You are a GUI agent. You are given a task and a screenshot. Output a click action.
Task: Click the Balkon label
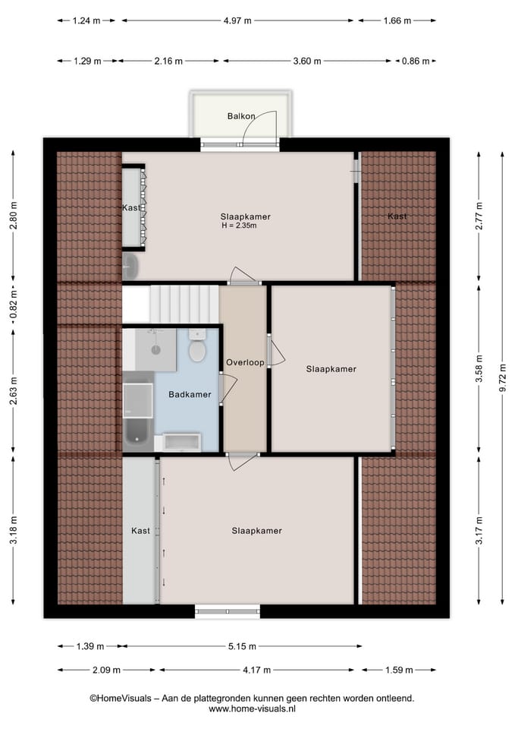tap(240, 116)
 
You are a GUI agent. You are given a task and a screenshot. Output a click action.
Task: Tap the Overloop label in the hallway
tap(244, 363)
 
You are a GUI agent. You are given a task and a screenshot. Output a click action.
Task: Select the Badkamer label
tap(190, 394)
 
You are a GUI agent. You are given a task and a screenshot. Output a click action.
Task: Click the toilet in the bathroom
tap(198, 349)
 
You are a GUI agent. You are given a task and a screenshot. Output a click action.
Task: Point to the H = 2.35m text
tap(239, 226)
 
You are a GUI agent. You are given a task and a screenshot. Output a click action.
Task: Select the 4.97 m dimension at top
tap(238, 21)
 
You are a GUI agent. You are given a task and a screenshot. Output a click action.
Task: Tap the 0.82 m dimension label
tap(13, 311)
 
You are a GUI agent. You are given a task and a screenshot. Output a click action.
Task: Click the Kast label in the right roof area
tap(397, 216)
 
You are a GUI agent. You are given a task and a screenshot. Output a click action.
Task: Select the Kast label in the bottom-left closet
tap(140, 531)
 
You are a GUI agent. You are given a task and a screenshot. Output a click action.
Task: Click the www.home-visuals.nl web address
tap(252, 708)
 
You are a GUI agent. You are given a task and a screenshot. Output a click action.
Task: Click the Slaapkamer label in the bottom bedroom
tap(256, 531)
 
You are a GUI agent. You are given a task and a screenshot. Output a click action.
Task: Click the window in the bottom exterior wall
tap(228, 611)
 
